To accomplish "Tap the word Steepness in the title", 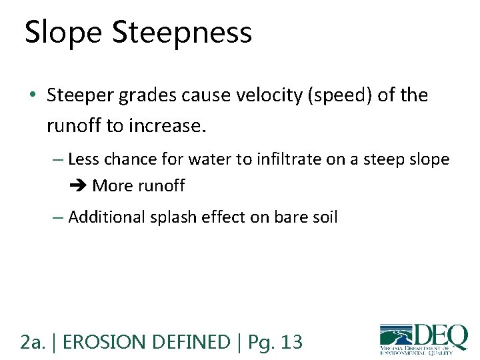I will click(182, 33).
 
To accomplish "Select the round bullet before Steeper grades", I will click(33, 96).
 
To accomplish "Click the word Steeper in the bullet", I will click(82, 96).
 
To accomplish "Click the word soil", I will click(323, 217).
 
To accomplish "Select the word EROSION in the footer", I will click(109, 343).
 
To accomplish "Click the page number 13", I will click(291, 343).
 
